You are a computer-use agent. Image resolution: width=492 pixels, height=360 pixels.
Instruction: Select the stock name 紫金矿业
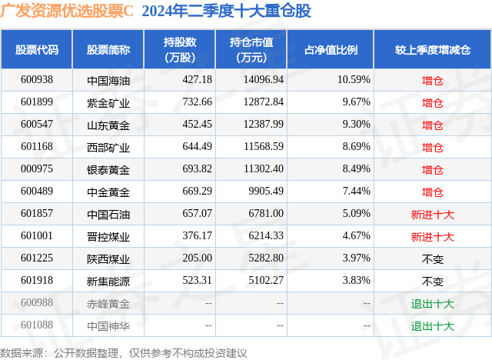pos(108,102)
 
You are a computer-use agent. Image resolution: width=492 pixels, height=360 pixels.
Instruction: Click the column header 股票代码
pos(37,50)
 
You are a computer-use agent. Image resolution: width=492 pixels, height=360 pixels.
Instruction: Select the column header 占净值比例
pos(337,50)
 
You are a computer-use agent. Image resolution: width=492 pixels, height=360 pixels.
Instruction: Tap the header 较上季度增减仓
pos(433,50)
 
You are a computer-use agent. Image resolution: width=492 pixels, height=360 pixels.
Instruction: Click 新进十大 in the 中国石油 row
pos(433,214)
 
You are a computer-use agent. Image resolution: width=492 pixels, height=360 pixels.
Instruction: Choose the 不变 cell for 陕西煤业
pos(433,258)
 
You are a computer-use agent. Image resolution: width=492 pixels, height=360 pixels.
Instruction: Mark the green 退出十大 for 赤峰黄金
pos(433,303)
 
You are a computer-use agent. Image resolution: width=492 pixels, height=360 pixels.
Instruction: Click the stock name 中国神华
pos(108,325)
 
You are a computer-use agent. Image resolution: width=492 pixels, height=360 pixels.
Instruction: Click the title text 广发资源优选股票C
pos(68,12)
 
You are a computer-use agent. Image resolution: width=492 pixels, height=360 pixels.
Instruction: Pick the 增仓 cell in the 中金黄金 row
pos(433,192)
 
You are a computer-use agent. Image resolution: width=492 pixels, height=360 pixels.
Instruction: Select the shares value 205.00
pos(176,258)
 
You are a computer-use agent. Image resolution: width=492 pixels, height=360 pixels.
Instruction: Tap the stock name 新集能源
pos(108,281)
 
